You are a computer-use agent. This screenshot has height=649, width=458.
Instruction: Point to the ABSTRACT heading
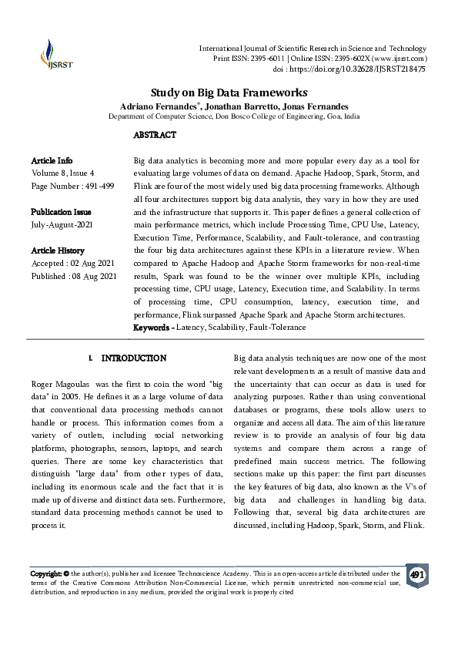click(155, 135)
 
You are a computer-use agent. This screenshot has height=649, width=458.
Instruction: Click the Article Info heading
click(52, 160)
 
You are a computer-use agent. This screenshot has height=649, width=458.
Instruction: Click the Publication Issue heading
click(61, 211)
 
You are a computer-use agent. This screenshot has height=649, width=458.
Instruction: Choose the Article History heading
click(58, 251)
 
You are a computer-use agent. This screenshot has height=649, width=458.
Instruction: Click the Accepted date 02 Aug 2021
click(94, 264)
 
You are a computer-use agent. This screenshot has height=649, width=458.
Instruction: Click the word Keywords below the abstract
click(152, 328)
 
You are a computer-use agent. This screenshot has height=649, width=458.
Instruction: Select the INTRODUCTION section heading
click(133, 358)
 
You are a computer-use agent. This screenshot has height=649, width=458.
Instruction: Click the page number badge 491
click(416, 576)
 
